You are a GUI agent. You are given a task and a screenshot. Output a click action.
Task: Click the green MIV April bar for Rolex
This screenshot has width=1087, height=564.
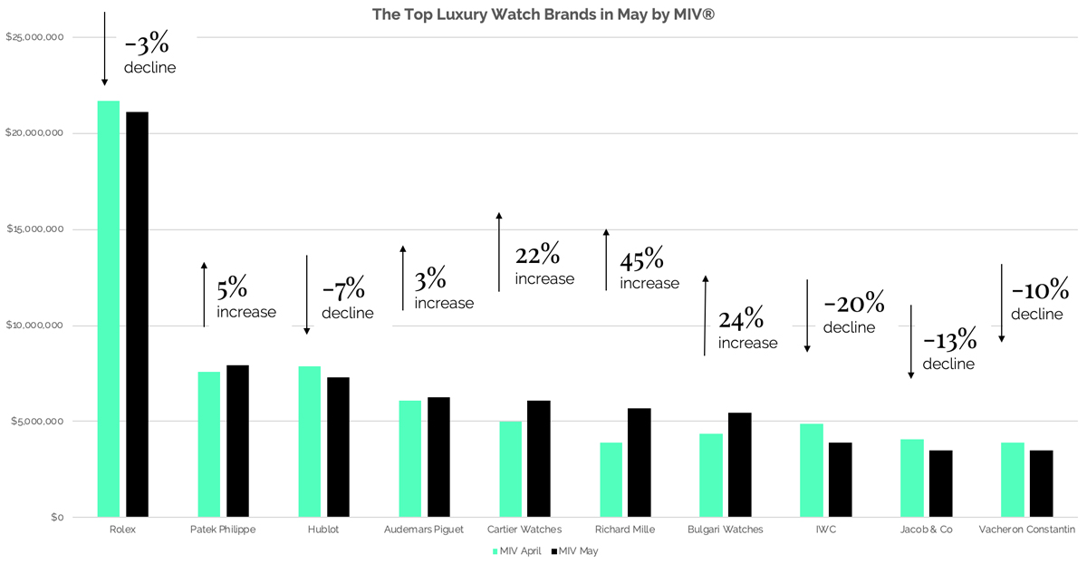[109, 308]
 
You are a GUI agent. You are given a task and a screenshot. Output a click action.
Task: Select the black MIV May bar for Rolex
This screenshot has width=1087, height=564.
[137, 314]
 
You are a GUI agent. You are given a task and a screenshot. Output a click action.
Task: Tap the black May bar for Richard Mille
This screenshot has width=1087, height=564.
[639, 462]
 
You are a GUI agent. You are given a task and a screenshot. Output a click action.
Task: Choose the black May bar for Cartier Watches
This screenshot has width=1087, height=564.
[538, 459]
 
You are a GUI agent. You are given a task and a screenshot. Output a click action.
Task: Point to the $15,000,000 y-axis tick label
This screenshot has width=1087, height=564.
[34, 229]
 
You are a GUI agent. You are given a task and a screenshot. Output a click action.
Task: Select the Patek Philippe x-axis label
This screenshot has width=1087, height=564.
[223, 530]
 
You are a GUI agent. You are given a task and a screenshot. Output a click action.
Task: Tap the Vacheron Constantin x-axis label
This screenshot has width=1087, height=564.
[1027, 530]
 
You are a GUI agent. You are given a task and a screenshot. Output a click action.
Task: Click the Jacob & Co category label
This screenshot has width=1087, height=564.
[927, 530]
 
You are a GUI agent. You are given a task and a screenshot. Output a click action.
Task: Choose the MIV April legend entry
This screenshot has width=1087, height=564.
[517, 550]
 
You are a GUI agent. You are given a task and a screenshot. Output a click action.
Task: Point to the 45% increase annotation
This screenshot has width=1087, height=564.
[649, 270]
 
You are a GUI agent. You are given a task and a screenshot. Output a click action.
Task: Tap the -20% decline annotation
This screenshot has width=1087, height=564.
[852, 313]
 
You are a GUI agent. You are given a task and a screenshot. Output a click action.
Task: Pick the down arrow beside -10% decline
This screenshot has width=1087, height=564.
[1001, 303]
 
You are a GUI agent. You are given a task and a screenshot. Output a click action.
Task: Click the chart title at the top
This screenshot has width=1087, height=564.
[543, 15]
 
